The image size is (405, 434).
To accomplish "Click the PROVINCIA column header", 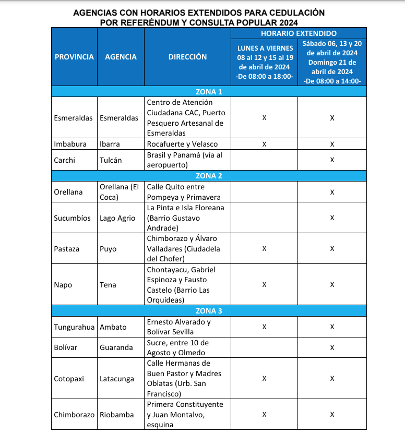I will click(x=74, y=57).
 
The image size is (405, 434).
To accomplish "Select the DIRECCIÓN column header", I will click(x=187, y=57).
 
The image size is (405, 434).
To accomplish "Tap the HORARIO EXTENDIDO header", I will click(x=298, y=33).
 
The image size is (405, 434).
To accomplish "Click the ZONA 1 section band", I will click(x=209, y=92).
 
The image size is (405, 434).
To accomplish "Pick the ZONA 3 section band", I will click(x=209, y=311).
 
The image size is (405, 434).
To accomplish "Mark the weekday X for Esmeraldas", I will click(x=264, y=118).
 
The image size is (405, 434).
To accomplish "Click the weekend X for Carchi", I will click(x=332, y=160).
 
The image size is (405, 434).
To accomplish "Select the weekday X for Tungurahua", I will click(x=264, y=327).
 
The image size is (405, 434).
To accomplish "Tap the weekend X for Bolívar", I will click(x=332, y=347).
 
